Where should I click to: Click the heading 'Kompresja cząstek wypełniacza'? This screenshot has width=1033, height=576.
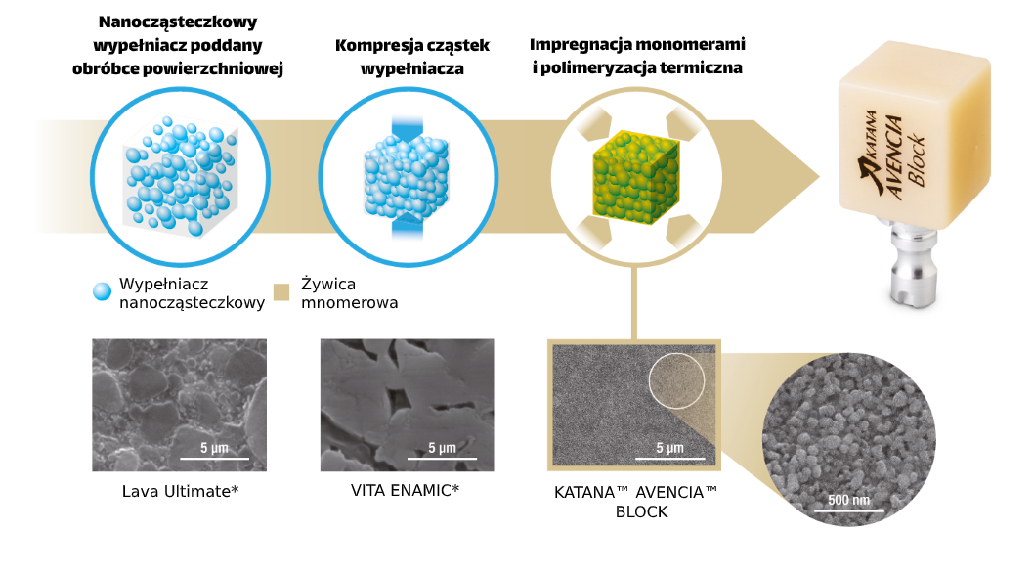(x=411, y=58)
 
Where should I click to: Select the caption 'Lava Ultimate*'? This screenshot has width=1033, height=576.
(x=180, y=490)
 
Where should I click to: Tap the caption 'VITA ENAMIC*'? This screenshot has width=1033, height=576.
(x=405, y=489)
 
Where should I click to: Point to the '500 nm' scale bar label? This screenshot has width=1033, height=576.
(x=847, y=500)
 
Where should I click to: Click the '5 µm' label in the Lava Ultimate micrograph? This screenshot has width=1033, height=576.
(x=214, y=448)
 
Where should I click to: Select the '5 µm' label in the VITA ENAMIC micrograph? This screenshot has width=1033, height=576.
(x=442, y=448)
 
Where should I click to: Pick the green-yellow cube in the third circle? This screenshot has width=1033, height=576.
(x=633, y=175)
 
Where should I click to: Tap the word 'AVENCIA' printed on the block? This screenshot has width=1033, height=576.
(x=901, y=146)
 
